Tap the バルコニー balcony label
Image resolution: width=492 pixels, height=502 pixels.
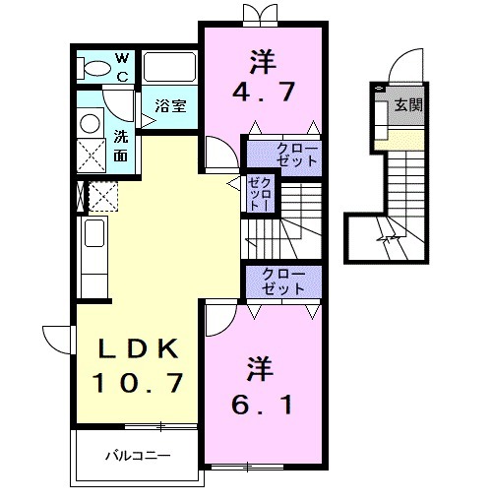pyautogui.click(x=139, y=456)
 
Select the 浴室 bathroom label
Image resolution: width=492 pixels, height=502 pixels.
pyautogui.click(x=171, y=106)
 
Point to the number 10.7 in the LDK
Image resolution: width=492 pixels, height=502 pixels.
pyautogui.click(x=139, y=382)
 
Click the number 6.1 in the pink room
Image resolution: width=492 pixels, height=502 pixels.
pyautogui.click(x=263, y=405)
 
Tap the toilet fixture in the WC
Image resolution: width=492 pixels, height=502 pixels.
pyautogui.click(x=96, y=68)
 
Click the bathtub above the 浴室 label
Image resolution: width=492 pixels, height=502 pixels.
pyautogui.click(x=171, y=68)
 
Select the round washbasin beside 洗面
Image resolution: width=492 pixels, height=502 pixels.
pyautogui.click(x=91, y=122)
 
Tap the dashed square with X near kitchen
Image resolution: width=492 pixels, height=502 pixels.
pyautogui.click(x=103, y=196)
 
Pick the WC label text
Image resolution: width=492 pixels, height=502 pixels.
pyautogui.click(x=123, y=67)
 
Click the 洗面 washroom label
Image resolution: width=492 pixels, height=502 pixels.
pyautogui.click(x=120, y=145)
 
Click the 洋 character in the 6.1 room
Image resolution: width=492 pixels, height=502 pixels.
pyautogui.click(x=262, y=368)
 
